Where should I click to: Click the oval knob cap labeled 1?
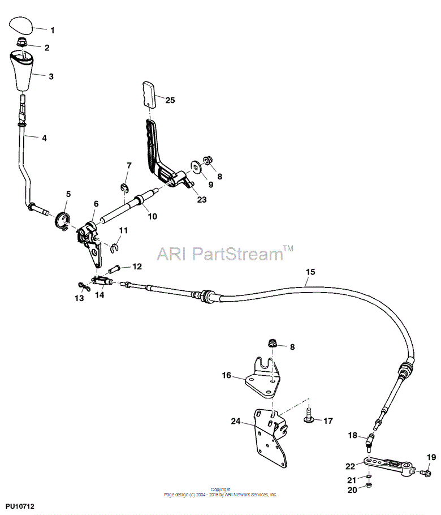(21, 26)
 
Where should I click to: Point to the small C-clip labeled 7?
(124, 188)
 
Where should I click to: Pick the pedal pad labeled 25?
(149, 95)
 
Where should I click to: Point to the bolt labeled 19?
(425, 473)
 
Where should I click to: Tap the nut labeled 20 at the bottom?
(368, 485)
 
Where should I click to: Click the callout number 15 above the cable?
(310, 272)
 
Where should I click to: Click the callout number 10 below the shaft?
(153, 216)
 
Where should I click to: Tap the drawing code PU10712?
(20, 507)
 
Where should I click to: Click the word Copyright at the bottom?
(220, 490)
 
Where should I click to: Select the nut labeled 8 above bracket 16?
(272, 344)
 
